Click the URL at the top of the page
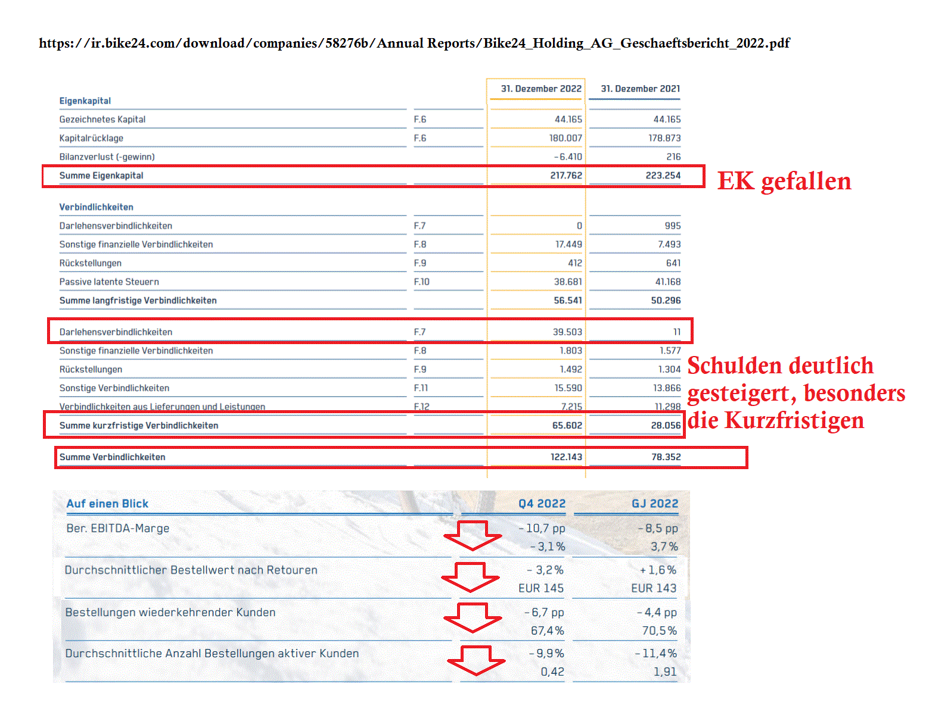(414, 43)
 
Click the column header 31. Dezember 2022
(540, 89)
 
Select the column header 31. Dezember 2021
(640, 89)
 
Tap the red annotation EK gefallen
(784, 181)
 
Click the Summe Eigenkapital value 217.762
(565, 176)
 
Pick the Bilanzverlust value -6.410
(568, 157)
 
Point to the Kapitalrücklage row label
(91, 138)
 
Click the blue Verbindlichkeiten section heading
(96, 207)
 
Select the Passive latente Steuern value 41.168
(667, 282)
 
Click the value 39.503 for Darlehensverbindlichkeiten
(567, 332)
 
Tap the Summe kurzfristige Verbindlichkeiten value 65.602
(567, 426)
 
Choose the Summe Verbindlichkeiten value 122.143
(565, 457)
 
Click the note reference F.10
(421, 282)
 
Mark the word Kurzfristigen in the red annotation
(794, 420)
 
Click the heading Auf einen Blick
(107, 504)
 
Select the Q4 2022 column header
(542, 504)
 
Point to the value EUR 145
(540, 588)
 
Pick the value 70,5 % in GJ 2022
(659, 630)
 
